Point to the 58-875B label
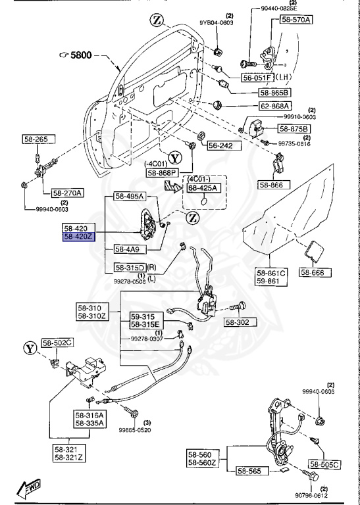(294, 128)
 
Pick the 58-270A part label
(67, 193)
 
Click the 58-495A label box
(128, 197)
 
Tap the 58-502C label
(59, 343)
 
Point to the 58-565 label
(251, 471)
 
